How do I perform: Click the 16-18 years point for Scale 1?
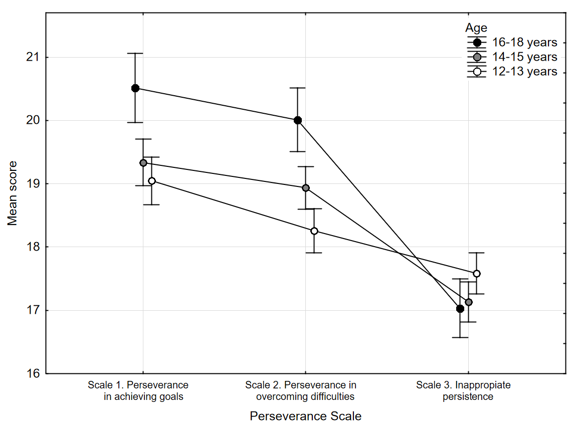(135, 88)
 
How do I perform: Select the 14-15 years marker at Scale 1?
(143, 163)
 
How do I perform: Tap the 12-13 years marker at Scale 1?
(151, 181)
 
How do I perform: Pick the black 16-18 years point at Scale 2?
(298, 120)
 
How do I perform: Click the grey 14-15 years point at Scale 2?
(306, 188)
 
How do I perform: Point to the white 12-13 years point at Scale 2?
(314, 231)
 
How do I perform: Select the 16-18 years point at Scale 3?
(460, 309)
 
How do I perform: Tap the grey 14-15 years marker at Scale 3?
(469, 302)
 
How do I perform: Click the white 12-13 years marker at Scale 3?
(477, 274)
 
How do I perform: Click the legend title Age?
(476, 28)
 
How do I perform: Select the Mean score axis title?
(13, 193)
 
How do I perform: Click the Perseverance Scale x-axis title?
(305, 416)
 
